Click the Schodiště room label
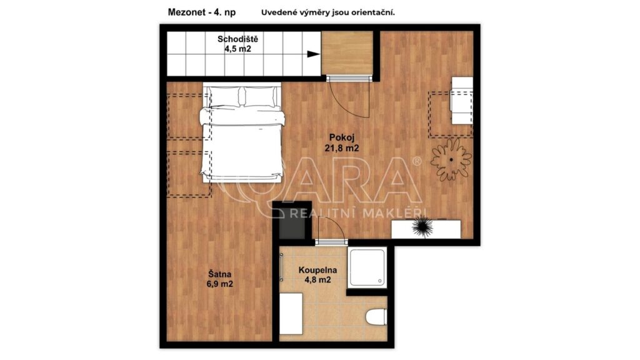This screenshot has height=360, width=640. pos(237,39)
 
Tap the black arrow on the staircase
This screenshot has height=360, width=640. pos(314,54)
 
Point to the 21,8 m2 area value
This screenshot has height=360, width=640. pos(342,149)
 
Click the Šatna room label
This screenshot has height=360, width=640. pos(219,274)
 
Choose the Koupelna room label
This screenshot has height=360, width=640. pos(317,270)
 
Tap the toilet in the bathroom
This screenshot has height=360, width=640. pos(376,317)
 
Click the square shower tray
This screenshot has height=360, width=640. pos(367,267)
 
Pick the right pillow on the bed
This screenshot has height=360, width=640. pos(261,97)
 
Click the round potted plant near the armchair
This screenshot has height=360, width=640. pos(451,159)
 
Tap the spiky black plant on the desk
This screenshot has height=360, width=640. pos(422,227)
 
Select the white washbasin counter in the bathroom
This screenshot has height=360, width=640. pos(291,314)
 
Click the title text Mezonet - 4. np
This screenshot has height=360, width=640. pos(202,12)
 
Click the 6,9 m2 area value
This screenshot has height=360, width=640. pos(219,284)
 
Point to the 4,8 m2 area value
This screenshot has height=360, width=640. pos(317,280)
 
